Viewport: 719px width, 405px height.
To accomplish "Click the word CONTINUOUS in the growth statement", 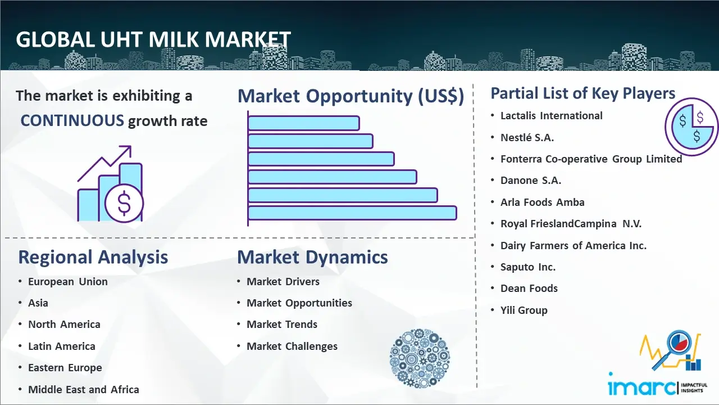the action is tap(72, 120).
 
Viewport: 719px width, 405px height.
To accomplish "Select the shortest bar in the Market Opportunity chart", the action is tap(304, 123).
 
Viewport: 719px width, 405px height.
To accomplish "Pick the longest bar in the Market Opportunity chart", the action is tap(352, 213).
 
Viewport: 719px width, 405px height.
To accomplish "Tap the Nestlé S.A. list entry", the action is tap(527, 138).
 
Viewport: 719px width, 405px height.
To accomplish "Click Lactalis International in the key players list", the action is tap(552, 116).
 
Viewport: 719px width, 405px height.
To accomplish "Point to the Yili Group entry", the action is tap(524, 310).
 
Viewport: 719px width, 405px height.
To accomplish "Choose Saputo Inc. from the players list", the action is tap(528, 267).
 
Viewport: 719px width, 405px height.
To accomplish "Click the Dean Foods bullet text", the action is tap(529, 289).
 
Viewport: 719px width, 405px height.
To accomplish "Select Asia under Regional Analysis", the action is tap(38, 303).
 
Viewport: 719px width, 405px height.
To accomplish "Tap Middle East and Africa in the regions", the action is tap(84, 390).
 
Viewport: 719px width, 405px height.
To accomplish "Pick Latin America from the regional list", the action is tap(62, 346).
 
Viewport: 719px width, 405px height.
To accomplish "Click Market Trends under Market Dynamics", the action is tap(282, 325).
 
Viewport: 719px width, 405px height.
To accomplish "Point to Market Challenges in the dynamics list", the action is tap(292, 346).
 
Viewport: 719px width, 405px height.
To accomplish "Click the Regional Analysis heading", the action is tap(93, 257).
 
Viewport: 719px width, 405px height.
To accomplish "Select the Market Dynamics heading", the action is tap(312, 257).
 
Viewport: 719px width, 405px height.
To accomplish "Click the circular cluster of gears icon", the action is tap(420, 358).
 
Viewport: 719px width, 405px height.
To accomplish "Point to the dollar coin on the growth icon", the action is tap(124, 203).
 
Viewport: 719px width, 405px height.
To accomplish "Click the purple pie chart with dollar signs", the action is tap(691, 127).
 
